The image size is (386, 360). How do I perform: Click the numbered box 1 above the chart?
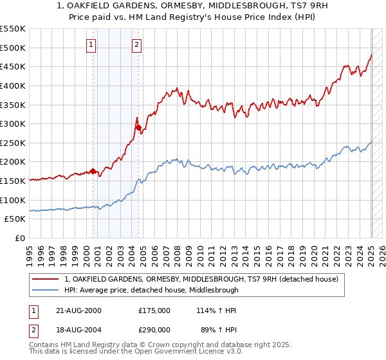coord(91,45)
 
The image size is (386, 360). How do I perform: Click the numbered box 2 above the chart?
coord(138,45)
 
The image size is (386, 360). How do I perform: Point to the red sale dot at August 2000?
coord(93,171)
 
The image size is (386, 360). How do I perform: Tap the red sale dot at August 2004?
coord(138,127)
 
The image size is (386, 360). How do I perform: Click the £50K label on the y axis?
coord(15,219)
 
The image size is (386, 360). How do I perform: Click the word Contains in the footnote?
coord(44,346)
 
